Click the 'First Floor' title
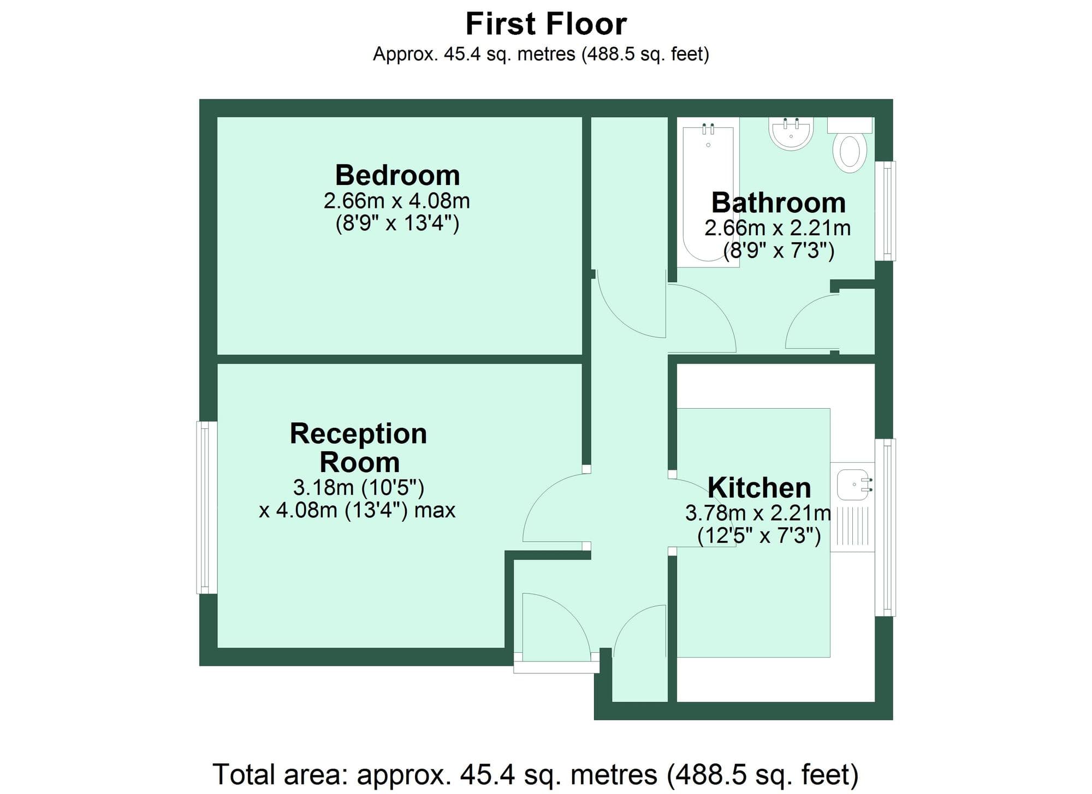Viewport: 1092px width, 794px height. pos(546,24)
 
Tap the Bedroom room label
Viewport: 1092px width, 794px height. pos(397,175)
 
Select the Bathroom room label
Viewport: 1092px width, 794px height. pos(779,203)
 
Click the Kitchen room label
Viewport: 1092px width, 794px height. pos(759,487)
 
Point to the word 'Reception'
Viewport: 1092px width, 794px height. pos(358,434)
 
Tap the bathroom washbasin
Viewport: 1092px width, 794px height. pos(791,134)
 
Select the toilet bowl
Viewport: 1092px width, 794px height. pos(850,151)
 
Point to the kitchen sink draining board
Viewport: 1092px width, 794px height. pos(852,526)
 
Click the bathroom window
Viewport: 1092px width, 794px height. pos(886,211)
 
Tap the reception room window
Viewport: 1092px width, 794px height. pos(206,507)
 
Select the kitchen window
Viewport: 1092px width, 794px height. pos(886,527)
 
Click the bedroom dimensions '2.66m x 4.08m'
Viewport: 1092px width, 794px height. pos(397,201)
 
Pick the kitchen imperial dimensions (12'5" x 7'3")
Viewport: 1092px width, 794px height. pos(759,536)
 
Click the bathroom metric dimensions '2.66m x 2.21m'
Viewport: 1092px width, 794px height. pos(778,228)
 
